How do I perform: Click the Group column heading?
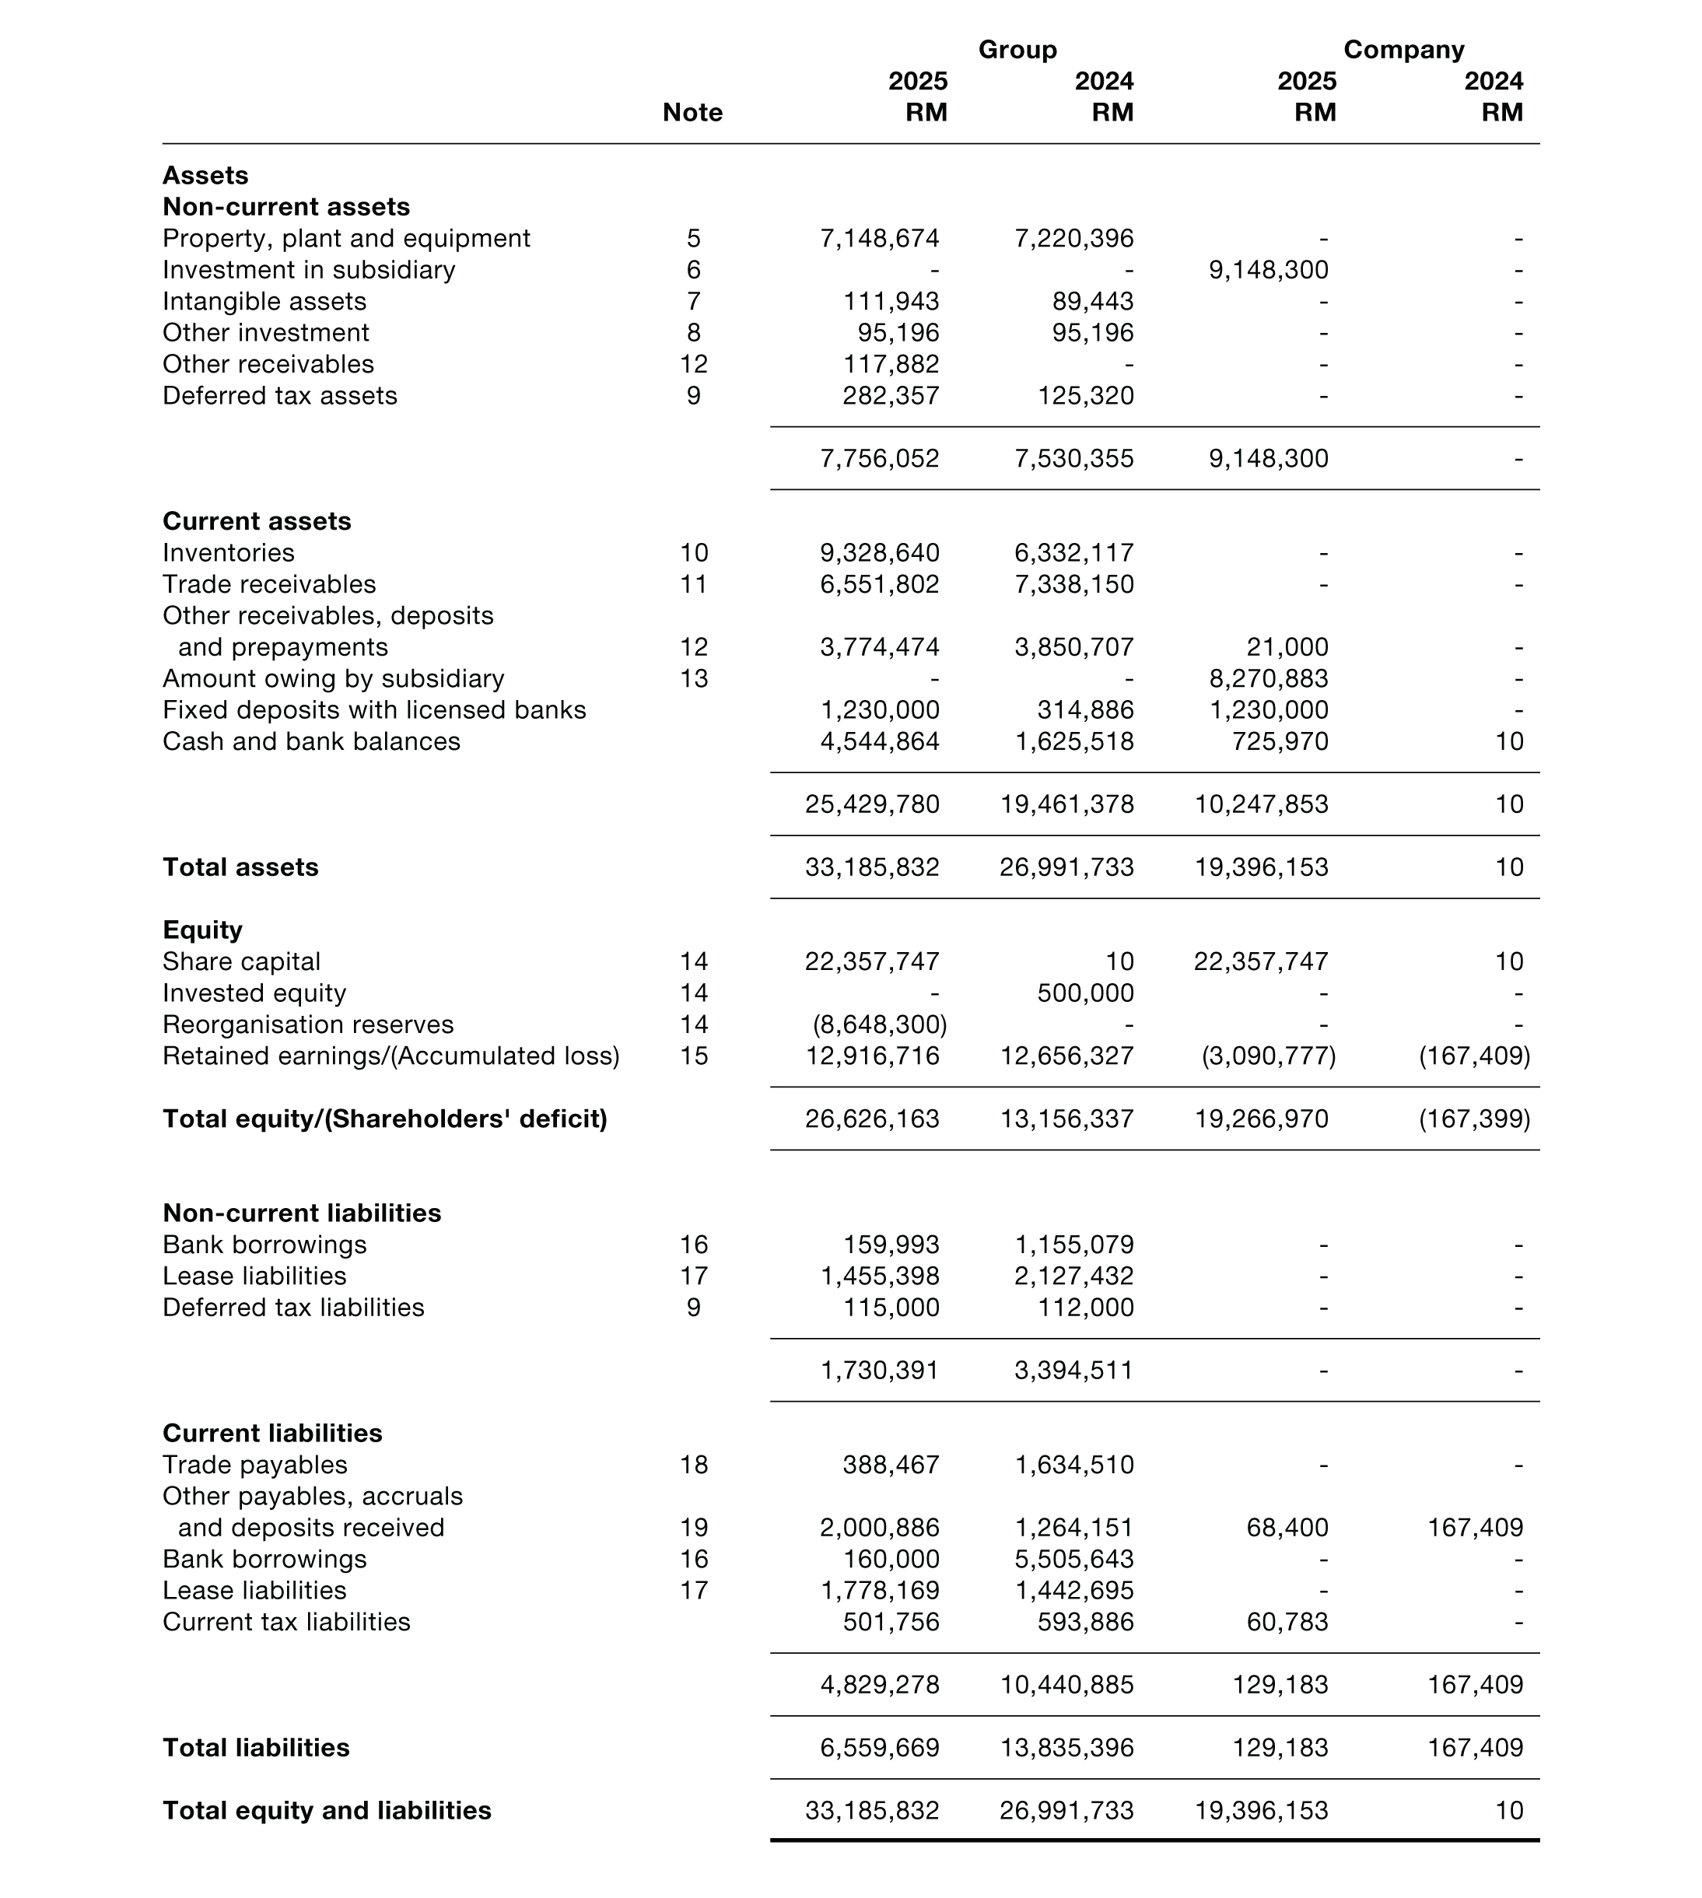pos(1017,50)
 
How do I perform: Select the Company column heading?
pos(1403,50)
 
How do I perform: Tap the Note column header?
pos(692,112)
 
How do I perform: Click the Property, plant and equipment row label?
pos(346,239)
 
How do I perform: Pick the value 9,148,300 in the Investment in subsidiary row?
pos(1268,270)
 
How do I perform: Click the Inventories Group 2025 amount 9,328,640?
pos(879,552)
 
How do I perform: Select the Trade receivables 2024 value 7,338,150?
pos(1073,584)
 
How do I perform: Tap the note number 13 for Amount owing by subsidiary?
pos(693,679)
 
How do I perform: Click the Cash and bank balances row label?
pos(311,741)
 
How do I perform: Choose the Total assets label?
pos(240,867)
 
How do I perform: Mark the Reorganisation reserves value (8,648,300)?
pos(879,1024)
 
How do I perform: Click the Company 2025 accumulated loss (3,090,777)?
pos(1268,1056)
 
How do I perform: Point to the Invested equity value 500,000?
pos(1085,993)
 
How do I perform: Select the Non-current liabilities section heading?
pos(301,1213)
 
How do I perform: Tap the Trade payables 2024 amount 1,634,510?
pos(1073,1465)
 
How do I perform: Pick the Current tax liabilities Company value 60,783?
pos(1287,1622)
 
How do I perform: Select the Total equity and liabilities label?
pos(327,1810)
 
